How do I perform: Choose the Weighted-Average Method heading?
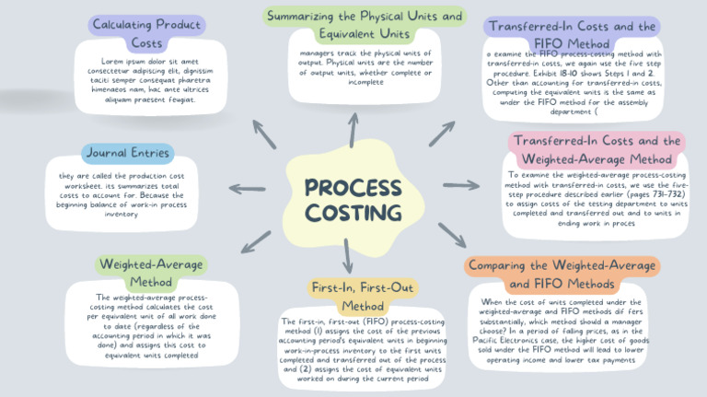pos(151,272)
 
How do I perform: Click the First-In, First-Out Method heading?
pos(350,296)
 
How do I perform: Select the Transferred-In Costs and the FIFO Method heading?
pos(573,35)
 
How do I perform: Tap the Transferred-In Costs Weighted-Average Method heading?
pos(597,150)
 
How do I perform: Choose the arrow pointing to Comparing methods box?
pos(451,234)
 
